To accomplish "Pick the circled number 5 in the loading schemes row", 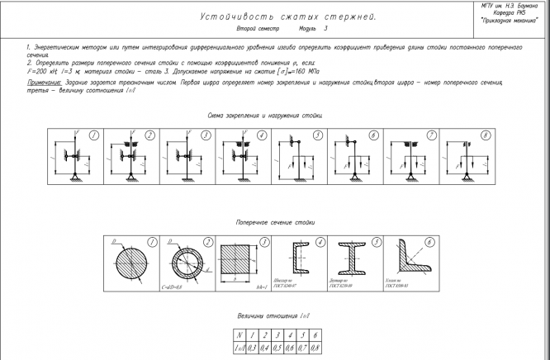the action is [x=317, y=135].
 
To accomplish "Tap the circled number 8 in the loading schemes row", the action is [x=486, y=135].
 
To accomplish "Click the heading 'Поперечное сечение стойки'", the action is [x=275, y=223].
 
